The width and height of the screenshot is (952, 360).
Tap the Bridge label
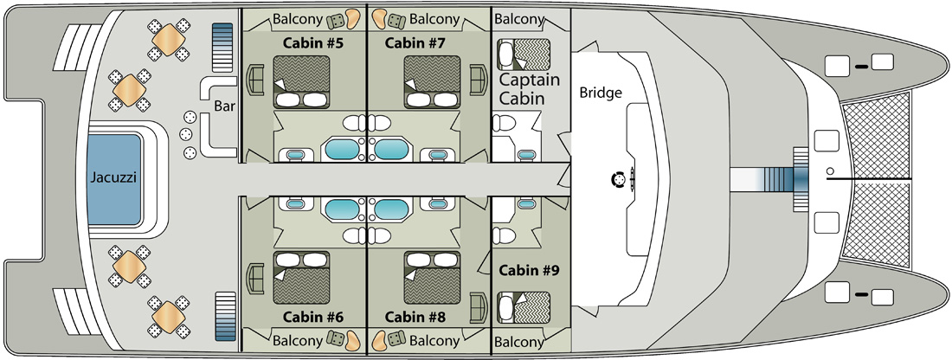click(601, 93)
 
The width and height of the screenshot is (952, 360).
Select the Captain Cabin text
click(530, 88)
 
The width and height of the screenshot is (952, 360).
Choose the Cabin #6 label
click(313, 317)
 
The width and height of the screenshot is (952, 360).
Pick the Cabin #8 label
click(415, 317)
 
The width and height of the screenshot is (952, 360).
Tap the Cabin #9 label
click(528, 270)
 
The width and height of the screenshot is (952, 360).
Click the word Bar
click(224, 106)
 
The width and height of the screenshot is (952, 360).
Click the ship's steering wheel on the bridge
click(618, 180)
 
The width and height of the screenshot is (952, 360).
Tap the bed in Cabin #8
click(432, 278)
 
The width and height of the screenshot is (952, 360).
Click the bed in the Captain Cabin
click(524, 55)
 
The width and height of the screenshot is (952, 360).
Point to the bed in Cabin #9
click(524, 307)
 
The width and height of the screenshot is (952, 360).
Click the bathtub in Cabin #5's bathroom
click(343, 149)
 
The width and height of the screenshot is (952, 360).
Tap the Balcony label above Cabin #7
click(434, 19)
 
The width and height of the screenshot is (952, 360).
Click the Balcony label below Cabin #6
click(298, 341)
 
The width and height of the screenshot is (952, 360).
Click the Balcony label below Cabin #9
click(519, 343)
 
